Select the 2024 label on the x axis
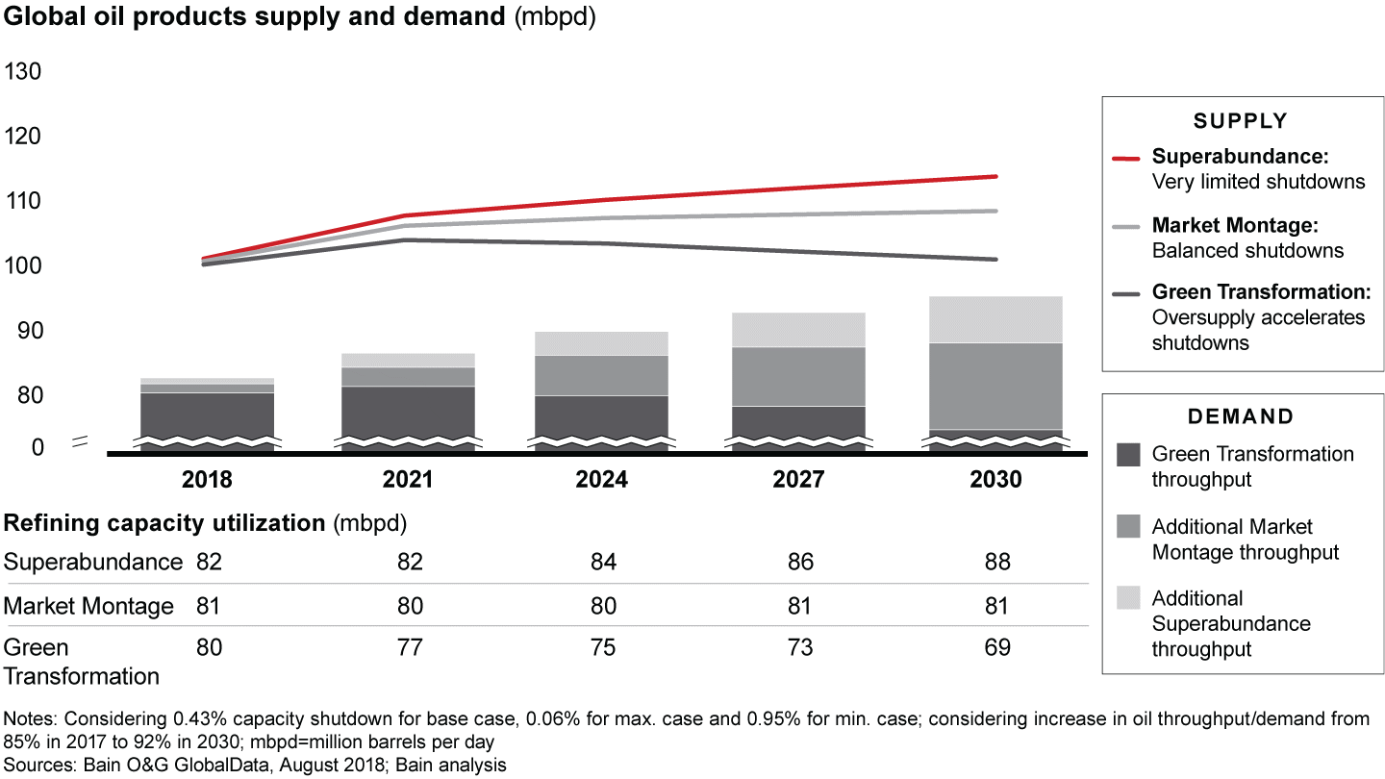coord(601,479)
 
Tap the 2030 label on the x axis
coord(995,479)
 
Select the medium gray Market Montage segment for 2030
coord(995,386)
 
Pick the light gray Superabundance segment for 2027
coord(798,330)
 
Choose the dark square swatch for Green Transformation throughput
coord(1129,455)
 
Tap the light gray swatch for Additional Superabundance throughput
coord(1129,598)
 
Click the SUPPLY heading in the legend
coord(1240,121)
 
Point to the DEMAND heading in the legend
coord(1240,416)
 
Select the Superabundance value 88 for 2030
coord(997,563)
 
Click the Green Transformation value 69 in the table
coord(997,647)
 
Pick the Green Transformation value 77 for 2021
coord(410,647)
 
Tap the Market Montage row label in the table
coord(88,606)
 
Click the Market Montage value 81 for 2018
coord(209,606)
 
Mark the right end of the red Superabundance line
coord(996,176)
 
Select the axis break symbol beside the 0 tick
coord(81,442)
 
